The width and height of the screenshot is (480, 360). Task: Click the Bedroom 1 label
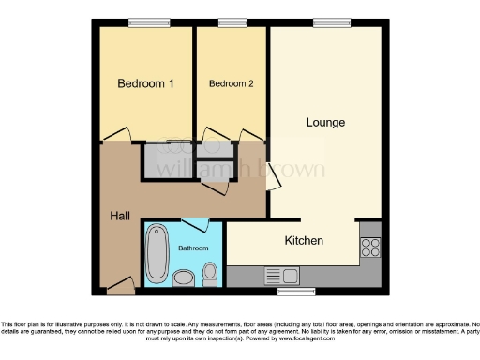[145, 83]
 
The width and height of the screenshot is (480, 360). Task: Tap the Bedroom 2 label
[232, 83]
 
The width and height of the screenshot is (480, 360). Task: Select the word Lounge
[325, 122]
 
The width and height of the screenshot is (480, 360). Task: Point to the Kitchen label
[304, 241]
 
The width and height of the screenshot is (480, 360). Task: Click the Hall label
[119, 217]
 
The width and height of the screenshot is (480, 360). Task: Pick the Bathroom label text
[194, 247]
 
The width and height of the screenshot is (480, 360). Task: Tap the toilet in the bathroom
[211, 273]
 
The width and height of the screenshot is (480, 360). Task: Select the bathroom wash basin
[185, 276]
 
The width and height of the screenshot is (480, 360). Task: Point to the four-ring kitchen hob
[369, 247]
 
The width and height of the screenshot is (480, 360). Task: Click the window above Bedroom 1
[142, 22]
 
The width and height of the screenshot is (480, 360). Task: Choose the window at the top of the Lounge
[325, 22]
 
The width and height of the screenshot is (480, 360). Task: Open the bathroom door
[195, 223]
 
